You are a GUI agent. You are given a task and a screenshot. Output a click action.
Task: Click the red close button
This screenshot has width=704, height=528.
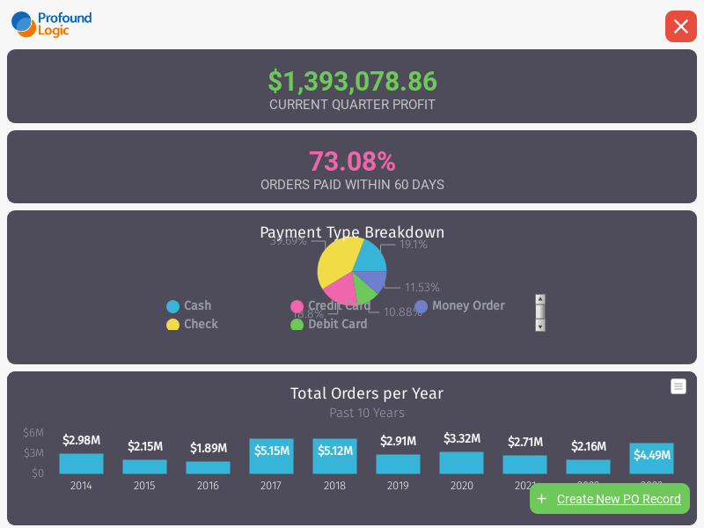coord(680,26)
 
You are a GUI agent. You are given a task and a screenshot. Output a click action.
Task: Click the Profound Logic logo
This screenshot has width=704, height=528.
coord(51,24)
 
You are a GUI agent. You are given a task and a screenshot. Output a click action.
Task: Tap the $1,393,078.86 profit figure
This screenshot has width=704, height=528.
coord(352,81)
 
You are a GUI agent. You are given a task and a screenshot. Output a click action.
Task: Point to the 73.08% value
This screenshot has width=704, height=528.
coord(352,161)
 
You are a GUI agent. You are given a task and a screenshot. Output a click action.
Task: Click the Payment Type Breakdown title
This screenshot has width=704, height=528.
coord(352,232)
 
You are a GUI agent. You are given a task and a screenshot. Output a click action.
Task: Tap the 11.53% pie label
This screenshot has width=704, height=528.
coord(422,287)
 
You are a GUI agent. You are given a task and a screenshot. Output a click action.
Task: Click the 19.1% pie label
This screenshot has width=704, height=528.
coord(414,245)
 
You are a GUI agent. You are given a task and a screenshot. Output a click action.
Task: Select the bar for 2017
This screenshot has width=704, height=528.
coord(271,456)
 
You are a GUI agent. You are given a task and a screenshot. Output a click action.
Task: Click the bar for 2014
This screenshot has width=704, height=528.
coord(81,464)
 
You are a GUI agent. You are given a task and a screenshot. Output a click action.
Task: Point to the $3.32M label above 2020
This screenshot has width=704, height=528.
coord(461,438)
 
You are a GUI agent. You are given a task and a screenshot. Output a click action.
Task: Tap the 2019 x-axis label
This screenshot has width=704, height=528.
coord(398,486)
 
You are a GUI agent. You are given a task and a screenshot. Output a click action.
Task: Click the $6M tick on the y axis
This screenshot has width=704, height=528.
coord(33,433)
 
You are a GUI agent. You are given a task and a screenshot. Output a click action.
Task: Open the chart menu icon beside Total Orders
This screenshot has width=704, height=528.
coord(678,386)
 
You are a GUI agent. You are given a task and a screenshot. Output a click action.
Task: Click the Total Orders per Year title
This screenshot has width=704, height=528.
coord(366,393)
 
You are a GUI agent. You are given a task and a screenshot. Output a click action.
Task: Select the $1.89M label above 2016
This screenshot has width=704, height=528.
coord(208,448)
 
